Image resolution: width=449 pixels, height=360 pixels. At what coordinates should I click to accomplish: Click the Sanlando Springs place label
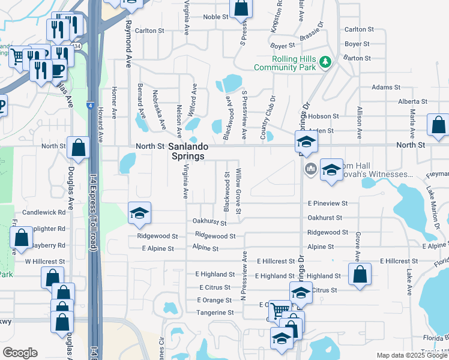pos(186,151)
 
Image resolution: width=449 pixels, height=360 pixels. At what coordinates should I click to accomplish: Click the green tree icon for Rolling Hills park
pos(325,61)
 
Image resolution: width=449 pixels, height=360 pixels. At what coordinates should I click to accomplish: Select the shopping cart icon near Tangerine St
pos(279,310)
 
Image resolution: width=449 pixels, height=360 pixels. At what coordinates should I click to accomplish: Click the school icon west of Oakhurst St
pos(139,213)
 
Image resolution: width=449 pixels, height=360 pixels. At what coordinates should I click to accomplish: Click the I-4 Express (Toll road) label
pos(94,204)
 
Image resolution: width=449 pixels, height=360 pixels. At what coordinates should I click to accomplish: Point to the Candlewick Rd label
pos(44,212)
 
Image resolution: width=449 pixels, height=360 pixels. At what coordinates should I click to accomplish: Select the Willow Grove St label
pos(239,191)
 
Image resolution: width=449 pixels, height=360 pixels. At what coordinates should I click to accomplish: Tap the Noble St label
pos(216,17)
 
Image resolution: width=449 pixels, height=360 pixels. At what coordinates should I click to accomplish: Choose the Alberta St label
pos(412,102)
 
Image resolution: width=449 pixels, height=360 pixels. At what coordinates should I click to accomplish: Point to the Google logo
pos(20,353)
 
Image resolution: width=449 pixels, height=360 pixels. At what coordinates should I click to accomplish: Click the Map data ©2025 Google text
pos(411,355)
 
